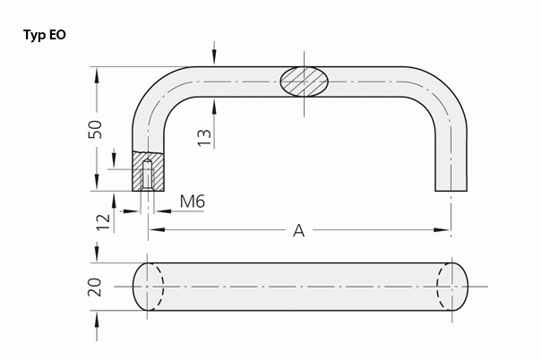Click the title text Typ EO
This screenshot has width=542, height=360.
(44, 36)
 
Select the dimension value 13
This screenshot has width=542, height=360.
(204, 135)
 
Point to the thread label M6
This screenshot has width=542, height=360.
(193, 202)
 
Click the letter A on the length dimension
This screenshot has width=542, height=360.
(298, 230)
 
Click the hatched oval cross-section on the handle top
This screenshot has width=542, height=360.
(304, 81)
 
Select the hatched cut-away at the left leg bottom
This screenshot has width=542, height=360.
(148, 171)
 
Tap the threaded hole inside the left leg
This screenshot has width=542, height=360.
(148, 176)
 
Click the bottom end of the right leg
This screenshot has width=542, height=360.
(451, 189)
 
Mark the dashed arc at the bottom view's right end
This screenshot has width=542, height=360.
(440, 287)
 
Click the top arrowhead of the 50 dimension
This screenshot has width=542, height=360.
(96, 73)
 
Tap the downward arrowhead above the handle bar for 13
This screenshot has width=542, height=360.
(215, 61)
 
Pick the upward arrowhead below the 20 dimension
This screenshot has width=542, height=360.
(96, 316)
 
